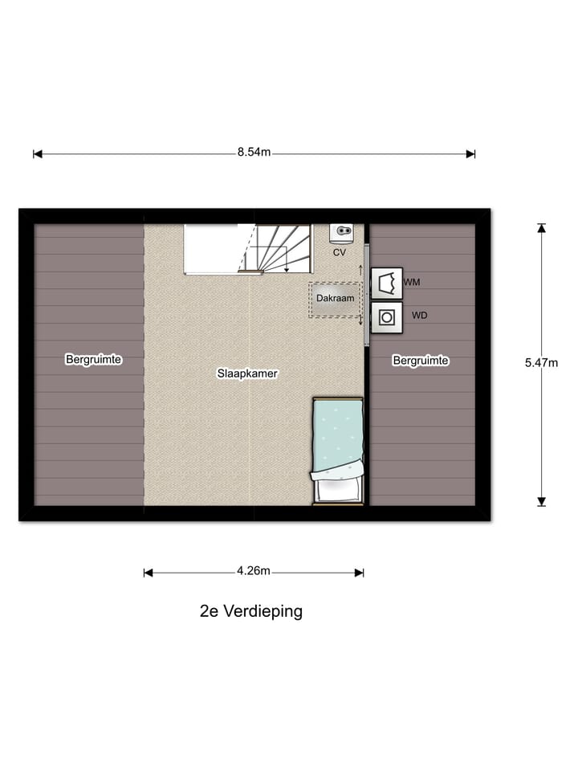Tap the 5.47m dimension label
[541, 362]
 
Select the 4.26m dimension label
[254, 572]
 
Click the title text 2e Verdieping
[251, 611]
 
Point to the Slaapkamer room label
[247, 373]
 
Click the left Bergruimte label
[93, 360]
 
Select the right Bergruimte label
[421, 361]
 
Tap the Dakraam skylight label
[335, 298]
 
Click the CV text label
[340, 252]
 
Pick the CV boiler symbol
[342, 233]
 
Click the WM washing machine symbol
[387, 284]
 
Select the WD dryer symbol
[387, 316]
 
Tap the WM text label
[412, 283]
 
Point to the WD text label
[419, 316]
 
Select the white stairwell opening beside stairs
[213, 247]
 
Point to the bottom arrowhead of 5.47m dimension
[541, 501]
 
